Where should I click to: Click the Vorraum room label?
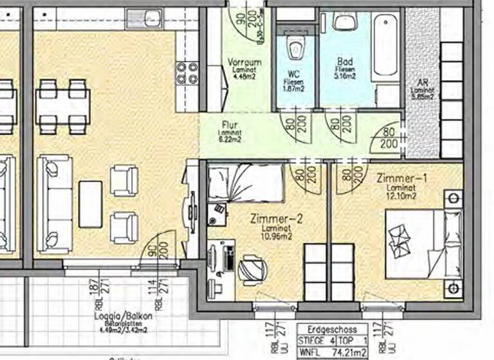pos(244,62)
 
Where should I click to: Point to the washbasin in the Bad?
pos(343,22)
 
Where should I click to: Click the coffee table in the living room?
pos(90,204)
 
